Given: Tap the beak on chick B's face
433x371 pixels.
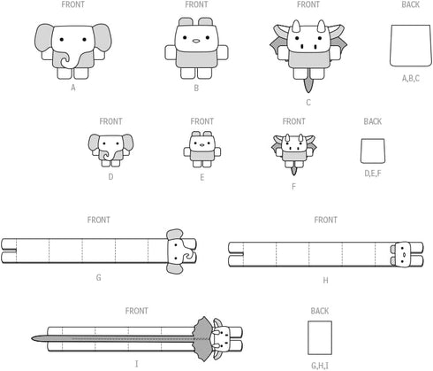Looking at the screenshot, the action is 196,41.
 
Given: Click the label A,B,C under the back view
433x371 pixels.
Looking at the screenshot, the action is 411,79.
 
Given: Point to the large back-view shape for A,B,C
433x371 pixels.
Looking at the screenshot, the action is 411,45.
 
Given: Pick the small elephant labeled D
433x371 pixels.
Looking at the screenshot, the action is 110,151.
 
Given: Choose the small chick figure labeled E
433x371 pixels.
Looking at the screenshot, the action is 202,150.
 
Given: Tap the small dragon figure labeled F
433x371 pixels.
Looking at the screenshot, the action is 293,153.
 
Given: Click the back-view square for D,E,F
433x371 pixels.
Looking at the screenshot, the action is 373,151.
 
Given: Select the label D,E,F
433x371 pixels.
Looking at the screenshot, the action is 373,174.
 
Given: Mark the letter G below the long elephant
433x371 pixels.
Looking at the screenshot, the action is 99,277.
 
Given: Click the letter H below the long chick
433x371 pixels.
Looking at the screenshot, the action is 325,280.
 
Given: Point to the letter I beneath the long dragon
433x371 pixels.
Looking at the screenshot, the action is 136,364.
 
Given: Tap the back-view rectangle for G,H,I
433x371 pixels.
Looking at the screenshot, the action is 320,337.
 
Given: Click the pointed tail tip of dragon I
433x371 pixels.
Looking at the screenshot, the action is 32,338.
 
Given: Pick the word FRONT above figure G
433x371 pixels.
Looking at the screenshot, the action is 99,220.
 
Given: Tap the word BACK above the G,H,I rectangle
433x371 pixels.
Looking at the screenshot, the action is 320,311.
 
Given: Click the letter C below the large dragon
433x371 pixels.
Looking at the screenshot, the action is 308,103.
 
